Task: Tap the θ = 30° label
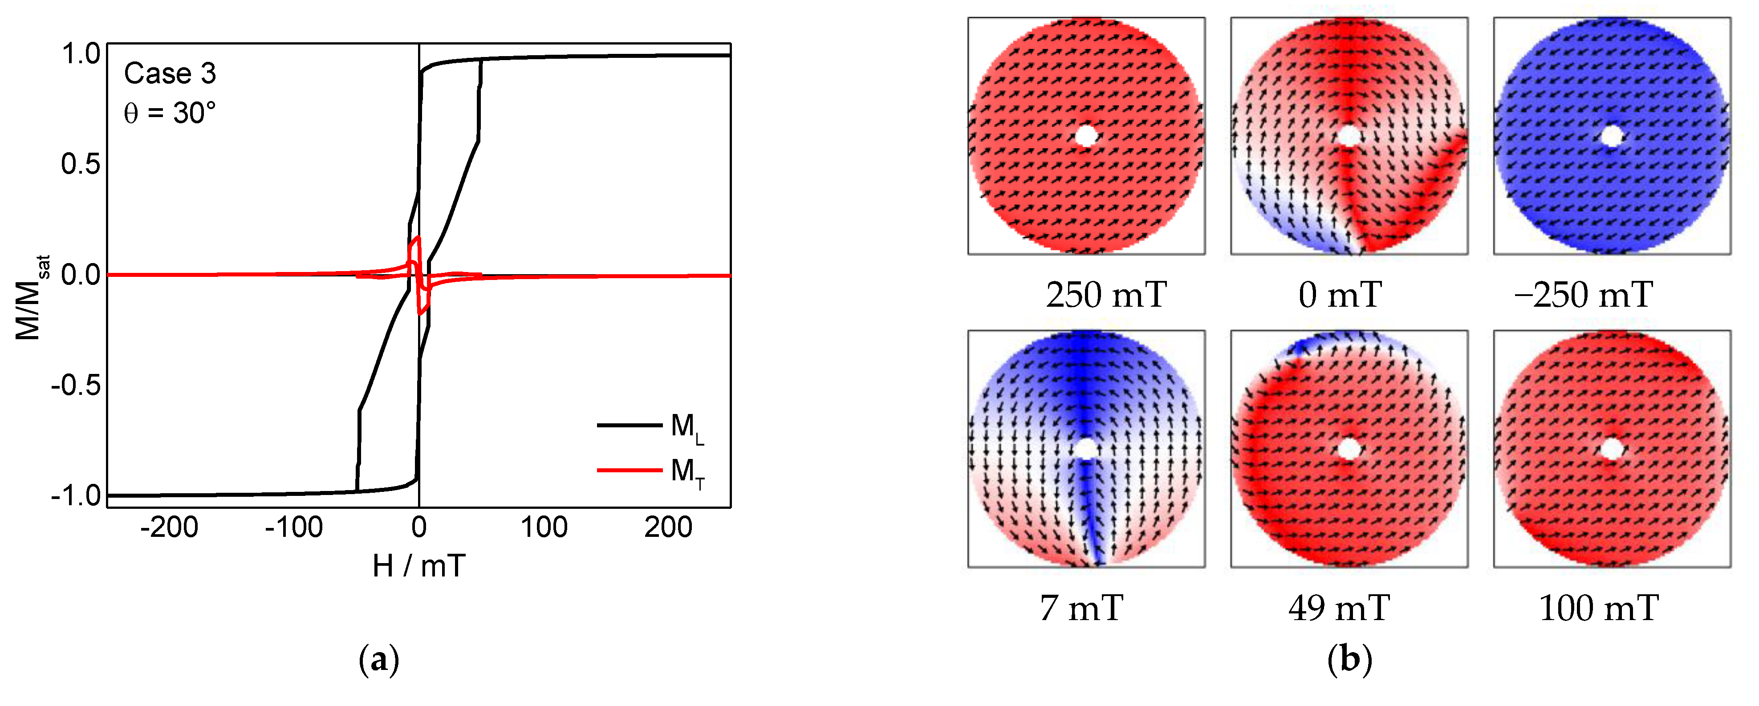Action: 169,113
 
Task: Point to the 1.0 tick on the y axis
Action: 81,54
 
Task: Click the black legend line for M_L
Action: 629,426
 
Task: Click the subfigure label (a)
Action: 378,660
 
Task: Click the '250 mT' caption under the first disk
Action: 1106,295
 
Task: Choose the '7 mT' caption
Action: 1081,608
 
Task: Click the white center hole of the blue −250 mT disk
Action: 1612,136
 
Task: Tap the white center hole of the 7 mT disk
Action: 1086,449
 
